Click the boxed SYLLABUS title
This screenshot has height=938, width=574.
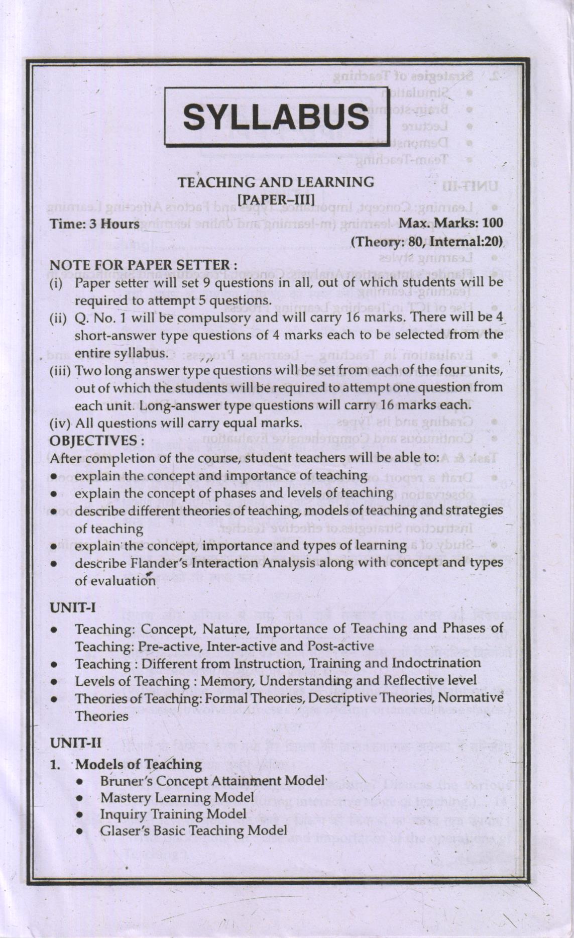coord(276,118)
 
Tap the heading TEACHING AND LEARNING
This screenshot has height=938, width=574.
coord(277,182)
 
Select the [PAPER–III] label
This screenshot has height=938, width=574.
coord(278,198)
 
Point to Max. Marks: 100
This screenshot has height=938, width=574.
coord(450,222)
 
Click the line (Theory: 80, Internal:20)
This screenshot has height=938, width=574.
coord(427,242)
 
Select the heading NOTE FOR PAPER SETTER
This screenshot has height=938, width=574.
coord(144,264)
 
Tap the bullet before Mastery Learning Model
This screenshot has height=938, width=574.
coord(79,798)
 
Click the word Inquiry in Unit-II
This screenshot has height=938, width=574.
coord(122,814)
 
